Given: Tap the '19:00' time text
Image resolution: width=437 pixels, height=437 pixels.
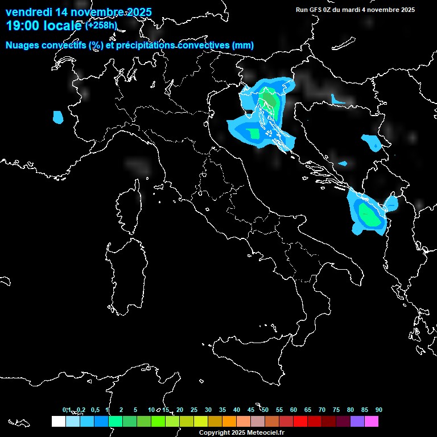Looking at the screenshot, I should [x=22, y=26].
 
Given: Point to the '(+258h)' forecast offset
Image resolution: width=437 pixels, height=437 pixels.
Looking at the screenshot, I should [x=101, y=26].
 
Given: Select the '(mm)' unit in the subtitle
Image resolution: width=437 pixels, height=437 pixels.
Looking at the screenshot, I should [x=243, y=46].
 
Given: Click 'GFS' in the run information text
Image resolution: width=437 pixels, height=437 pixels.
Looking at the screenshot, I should [x=315, y=10].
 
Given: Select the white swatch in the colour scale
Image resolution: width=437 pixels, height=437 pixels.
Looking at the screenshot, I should [x=58, y=422].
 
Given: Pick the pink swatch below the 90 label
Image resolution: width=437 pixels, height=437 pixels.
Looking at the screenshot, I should [x=372, y=422].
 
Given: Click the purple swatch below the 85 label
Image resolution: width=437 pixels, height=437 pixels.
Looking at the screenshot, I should [x=357, y=422].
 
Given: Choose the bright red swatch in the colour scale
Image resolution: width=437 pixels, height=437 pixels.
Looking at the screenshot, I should [x=300, y=422].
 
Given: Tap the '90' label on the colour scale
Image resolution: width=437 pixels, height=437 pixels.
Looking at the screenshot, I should [x=379, y=410].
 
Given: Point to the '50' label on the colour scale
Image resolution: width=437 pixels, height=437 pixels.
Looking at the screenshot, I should [x=265, y=410].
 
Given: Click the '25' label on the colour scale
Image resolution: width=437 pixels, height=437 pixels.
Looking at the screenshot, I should [x=194, y=410].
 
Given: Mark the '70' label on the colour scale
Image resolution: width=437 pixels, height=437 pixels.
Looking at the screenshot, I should [x=322, y=410].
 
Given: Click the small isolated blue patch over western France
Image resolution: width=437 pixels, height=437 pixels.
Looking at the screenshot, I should [x=57, y=117].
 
